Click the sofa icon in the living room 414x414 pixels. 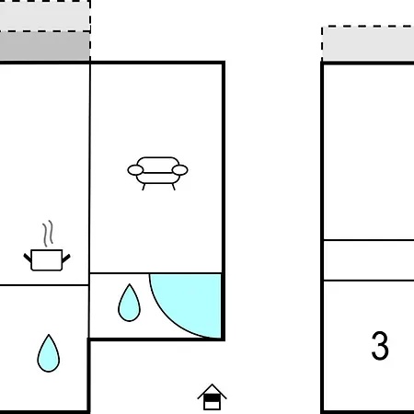(x=157, y=173)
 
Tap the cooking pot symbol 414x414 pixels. (x=47, y=260)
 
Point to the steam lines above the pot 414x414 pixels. (x=48, y=234)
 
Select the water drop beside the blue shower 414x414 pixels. (x=129, y=303)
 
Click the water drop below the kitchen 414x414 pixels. (x=49, y=353)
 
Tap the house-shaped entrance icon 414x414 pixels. (x=212, y=397)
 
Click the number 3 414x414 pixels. (x=380, y=345)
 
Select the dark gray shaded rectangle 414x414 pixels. (x=45, y=46)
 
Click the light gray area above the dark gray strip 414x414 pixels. (x=45, y=16)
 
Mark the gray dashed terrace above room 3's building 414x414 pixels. (x=368, y=44)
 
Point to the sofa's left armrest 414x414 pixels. (x=135, y=170)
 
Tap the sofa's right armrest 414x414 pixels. (x=180, y=170)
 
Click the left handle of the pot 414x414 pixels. (x=28, y=258)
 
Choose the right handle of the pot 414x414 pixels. (x=66, y=259)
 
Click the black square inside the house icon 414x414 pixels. (x=212, y=397)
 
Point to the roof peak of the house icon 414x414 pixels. (x=212, y=384)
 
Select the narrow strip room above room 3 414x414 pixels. (x=369, y=260)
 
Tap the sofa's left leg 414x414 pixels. (x=144, y=187)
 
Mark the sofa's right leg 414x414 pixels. (x=173, y=187)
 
